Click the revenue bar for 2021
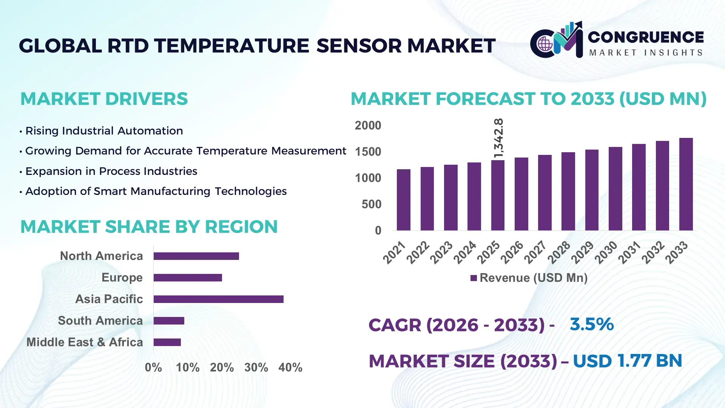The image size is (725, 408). coord(403,200)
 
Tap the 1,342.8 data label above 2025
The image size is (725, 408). coord(498,138)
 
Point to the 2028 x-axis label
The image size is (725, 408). coord(559,252)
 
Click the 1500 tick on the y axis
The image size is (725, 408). coord(368,152)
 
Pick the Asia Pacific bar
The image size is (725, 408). coord(218,299)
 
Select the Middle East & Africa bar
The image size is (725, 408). coord(167,342)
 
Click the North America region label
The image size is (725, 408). coord(101,256)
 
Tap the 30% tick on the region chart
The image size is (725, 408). coord(256,367)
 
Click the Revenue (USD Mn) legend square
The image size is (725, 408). coord(474,278)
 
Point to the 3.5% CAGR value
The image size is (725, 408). coord(591,324)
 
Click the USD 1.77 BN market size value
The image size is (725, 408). coord(627,361)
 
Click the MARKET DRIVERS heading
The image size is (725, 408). coord(104,99)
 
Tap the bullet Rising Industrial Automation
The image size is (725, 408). coord(104,131)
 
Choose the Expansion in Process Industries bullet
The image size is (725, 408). coord(111,171)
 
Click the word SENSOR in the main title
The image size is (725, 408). coord(359,46)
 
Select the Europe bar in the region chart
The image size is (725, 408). coord(188,278)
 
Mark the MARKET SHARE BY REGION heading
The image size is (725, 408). coord(149,227)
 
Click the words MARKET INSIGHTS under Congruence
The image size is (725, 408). coord(646,53)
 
